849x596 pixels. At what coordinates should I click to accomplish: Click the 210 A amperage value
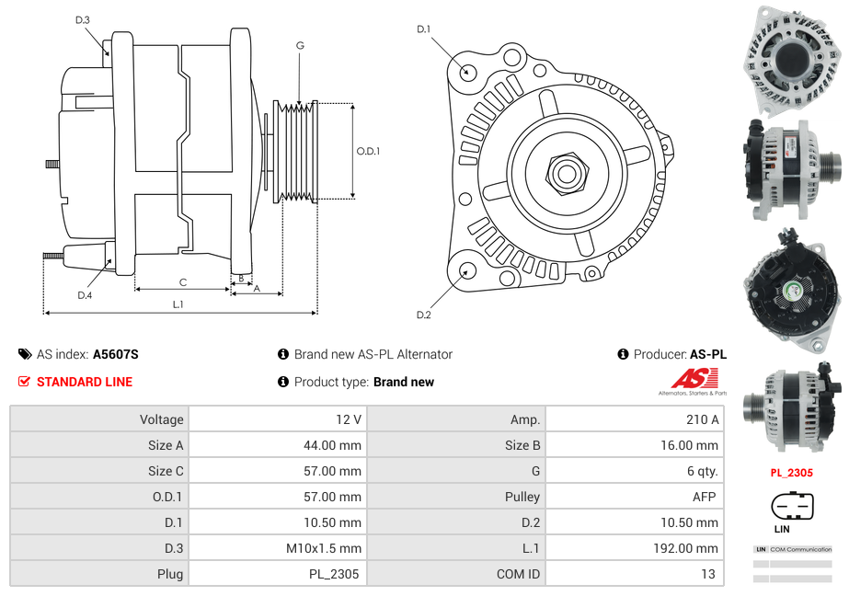(x=702, y=419)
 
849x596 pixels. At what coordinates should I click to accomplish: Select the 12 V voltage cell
(x=349, y=419)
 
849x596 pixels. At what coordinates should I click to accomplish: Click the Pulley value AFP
(x=706, y=497)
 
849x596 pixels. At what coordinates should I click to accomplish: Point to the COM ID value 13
(x=707, y=574)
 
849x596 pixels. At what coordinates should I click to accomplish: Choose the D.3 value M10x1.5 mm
(x=324, y=548)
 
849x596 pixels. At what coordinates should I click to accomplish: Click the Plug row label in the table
(x=170, y=574)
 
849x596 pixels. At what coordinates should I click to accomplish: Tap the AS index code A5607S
(x=116, y=354)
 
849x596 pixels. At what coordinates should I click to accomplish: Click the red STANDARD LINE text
(x=85, y=382)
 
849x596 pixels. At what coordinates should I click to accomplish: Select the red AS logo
(x=694, y=378)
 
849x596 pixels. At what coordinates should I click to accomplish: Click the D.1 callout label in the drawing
(x=423, y=29)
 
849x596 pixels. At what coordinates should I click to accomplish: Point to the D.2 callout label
(x=423, y=315)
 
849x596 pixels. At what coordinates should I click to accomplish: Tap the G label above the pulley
(x=300, y=45)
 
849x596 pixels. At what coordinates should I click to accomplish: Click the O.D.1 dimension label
(x=368, y=152)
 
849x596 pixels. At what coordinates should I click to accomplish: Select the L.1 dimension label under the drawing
(x=178, y=304)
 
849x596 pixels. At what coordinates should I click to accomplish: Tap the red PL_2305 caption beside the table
(x=792, y=474)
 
